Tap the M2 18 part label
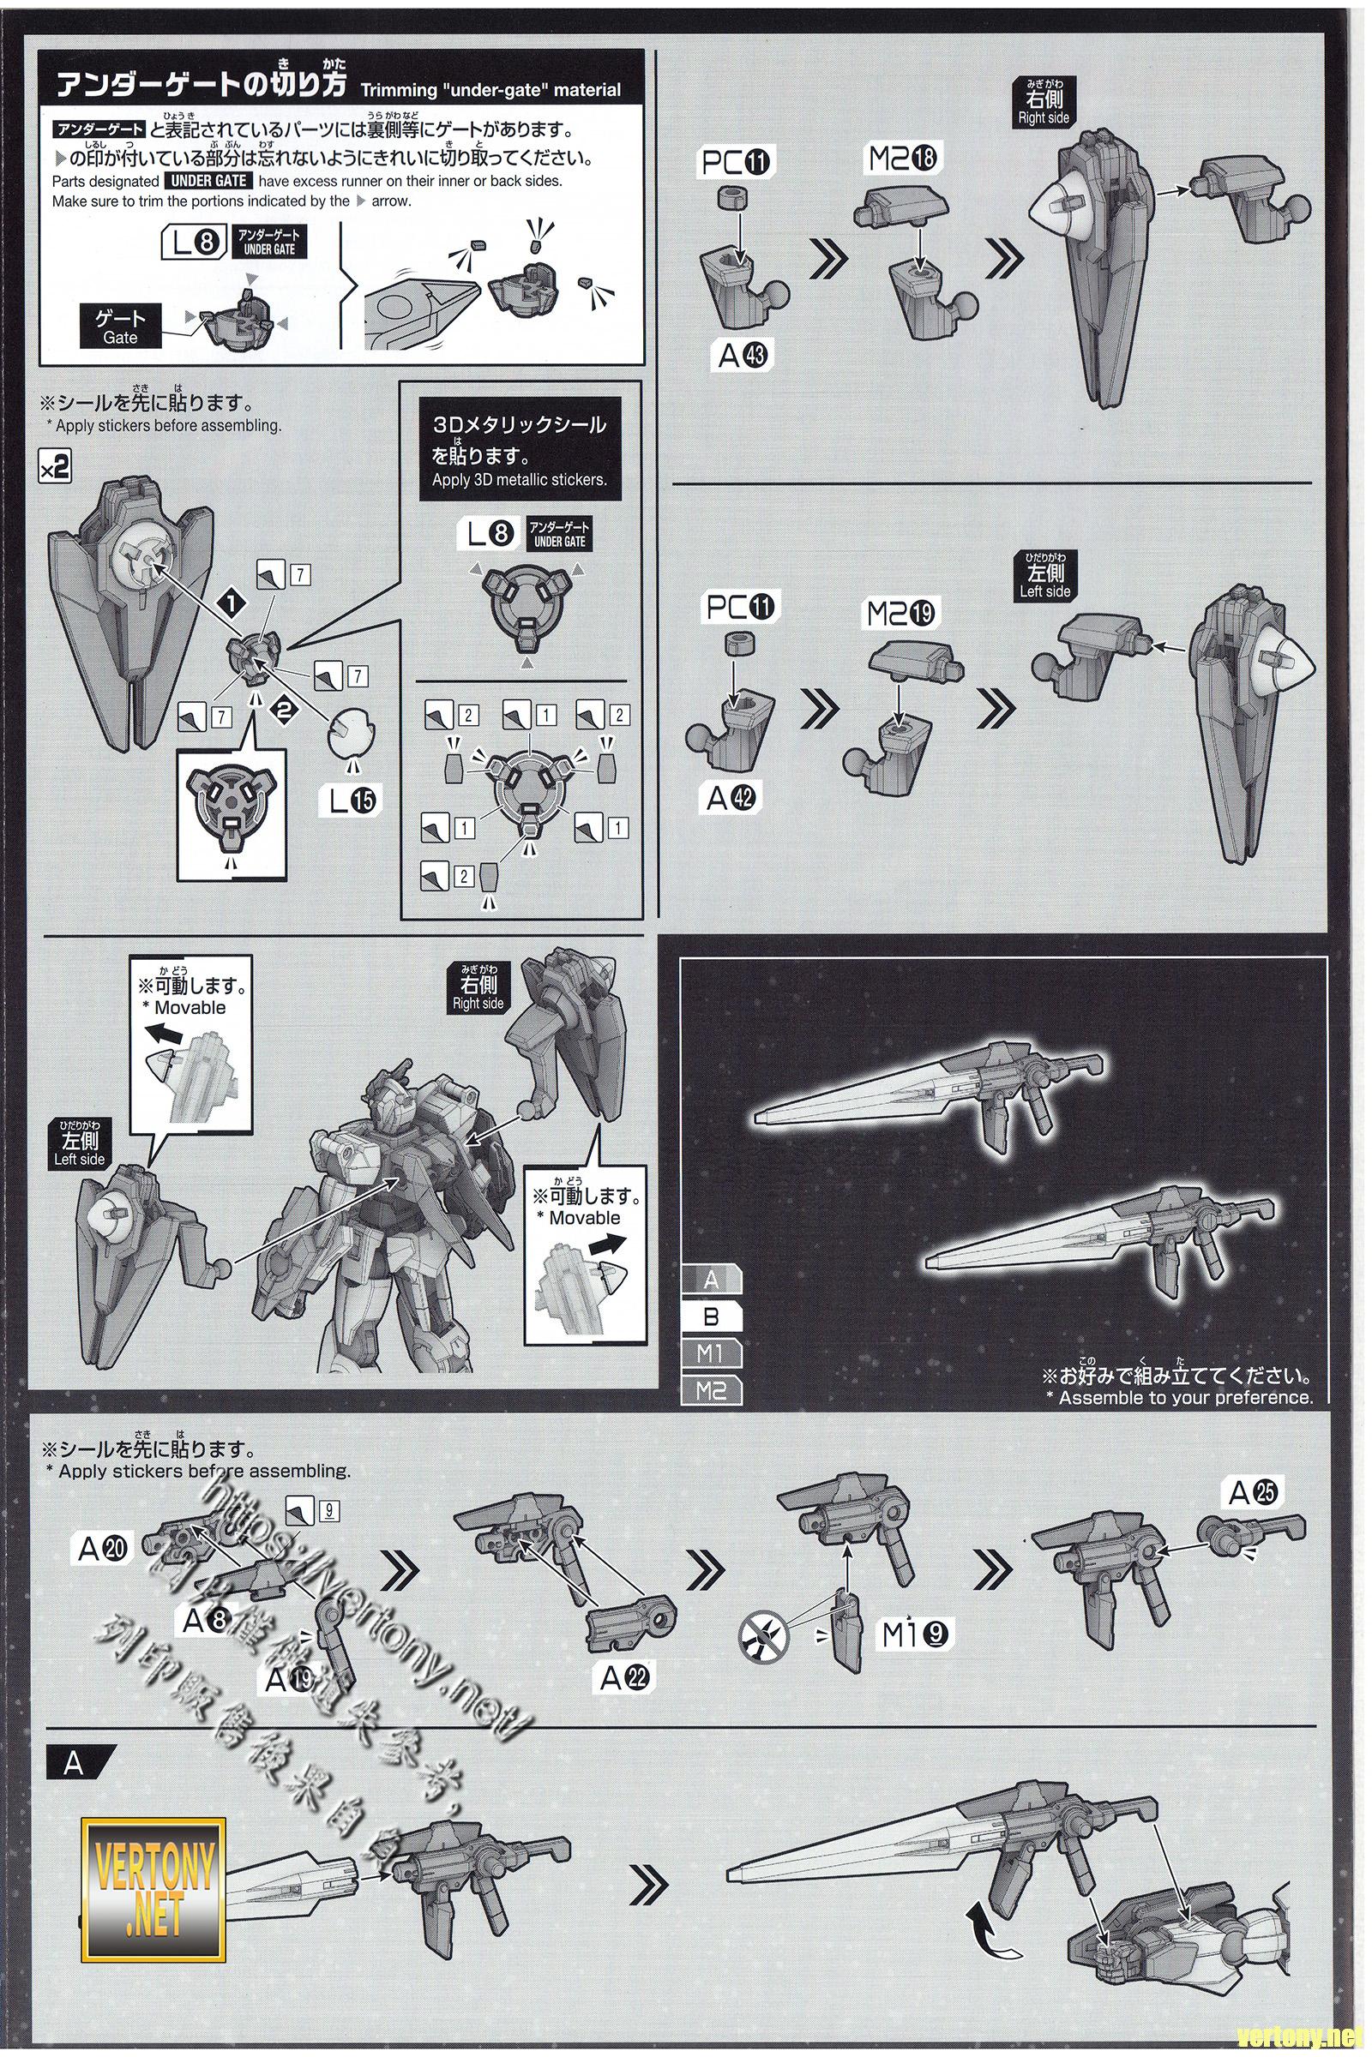click(901, 159)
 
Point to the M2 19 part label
click(901, 614)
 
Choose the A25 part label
click(1253, 1493)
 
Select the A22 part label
click(625, 1677)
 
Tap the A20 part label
click(103, 1549)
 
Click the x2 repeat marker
click(54, 469)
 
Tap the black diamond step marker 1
click(231, 603)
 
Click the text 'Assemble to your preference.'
click(1185, 1398)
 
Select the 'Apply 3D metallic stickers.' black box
click(520, 452)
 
